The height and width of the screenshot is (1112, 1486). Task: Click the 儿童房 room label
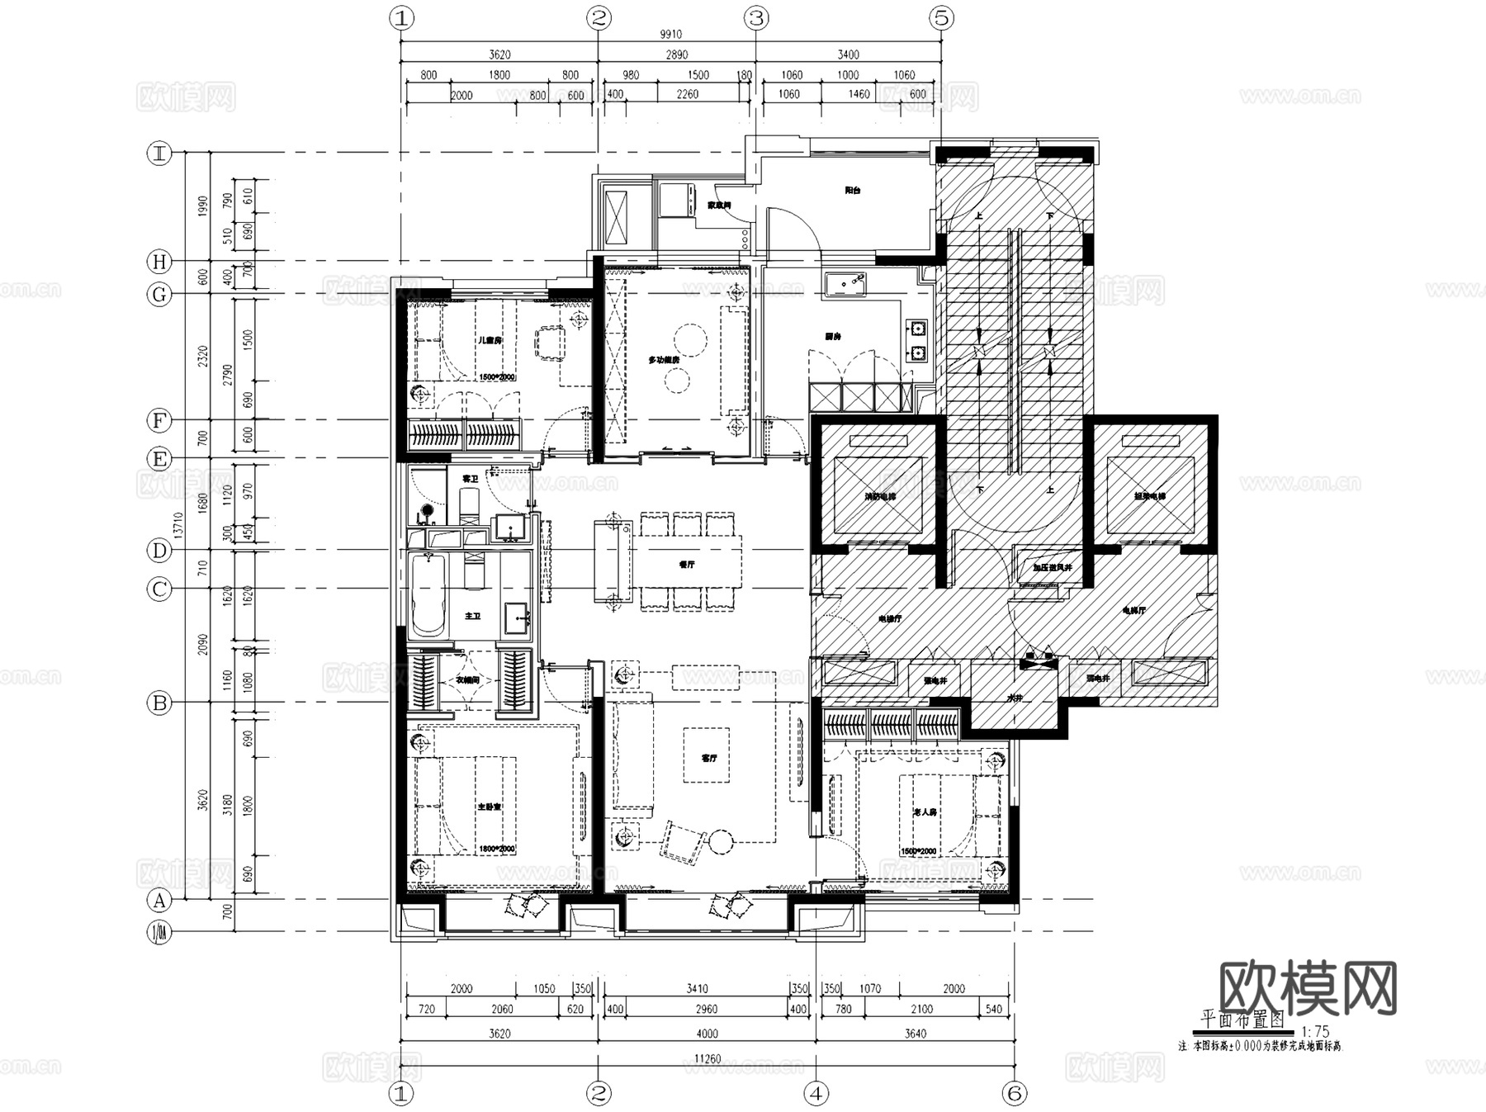pos(490,340)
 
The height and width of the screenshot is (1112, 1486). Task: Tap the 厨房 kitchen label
pos(832,337)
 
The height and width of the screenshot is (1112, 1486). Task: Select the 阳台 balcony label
pos(853,191)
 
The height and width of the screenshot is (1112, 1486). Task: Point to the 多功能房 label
pos(663,360)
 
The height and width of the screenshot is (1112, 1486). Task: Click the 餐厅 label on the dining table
pos(686,565)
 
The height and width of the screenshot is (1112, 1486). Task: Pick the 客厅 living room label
pos(708,758)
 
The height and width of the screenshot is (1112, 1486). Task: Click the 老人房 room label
pos(924,812)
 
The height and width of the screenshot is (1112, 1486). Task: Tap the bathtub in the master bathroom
pos(428,596)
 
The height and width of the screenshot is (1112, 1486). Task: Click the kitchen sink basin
pos(844,283)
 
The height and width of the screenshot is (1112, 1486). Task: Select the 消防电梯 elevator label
pos(880,497)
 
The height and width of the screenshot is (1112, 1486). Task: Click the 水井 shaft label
pos(1014,698)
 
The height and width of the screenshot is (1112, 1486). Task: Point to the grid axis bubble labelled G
pos(159,295)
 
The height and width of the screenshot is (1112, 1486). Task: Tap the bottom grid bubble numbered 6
pos(1014,1094)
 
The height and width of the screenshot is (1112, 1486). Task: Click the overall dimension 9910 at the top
pos(670,35)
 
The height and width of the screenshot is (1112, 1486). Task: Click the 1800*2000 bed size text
pos(495,849)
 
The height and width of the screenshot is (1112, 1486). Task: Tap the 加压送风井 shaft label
pos(1052,568)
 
